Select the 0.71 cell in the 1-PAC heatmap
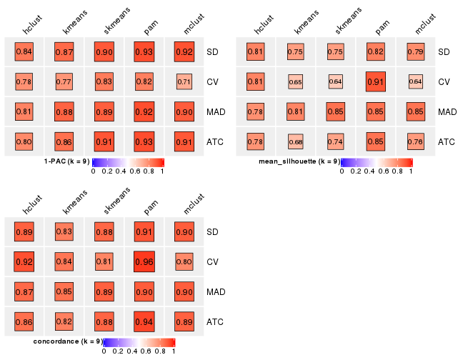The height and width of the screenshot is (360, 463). (x=184, y=82)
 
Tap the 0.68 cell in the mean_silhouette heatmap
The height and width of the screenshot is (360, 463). (x=295, y=142)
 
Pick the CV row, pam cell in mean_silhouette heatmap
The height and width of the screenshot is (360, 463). (x=375, y=82)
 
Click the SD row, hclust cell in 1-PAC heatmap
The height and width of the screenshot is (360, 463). (x=24, y=52)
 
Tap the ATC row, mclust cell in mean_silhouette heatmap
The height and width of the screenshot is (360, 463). (x=415, y=142)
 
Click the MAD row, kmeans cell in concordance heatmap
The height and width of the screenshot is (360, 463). (x=64, y=292)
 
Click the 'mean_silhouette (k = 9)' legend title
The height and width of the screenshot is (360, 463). (x=299, y=161)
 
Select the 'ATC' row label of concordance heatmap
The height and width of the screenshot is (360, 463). (x=215, y=322)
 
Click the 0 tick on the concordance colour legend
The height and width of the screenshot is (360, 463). (x=104, y=351)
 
